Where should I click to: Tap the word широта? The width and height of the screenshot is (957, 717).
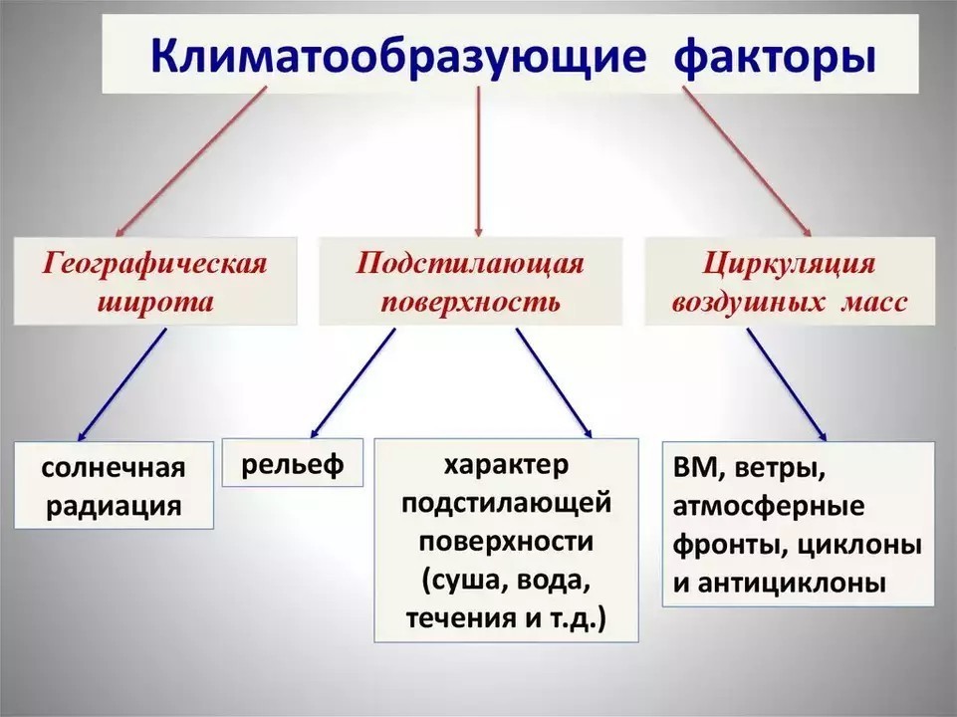[x=156, y=301]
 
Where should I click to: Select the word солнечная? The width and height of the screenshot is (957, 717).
[x=115, y=468]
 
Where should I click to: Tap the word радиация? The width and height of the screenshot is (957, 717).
[x=115, y=505]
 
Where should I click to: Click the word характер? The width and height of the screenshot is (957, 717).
[x=505, y=466]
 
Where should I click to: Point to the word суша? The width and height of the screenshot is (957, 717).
[x=465, y=581]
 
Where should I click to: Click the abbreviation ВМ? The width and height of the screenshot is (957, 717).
[x=695, y=468]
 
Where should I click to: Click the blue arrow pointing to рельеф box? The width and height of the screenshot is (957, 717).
[x=352, y=382]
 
